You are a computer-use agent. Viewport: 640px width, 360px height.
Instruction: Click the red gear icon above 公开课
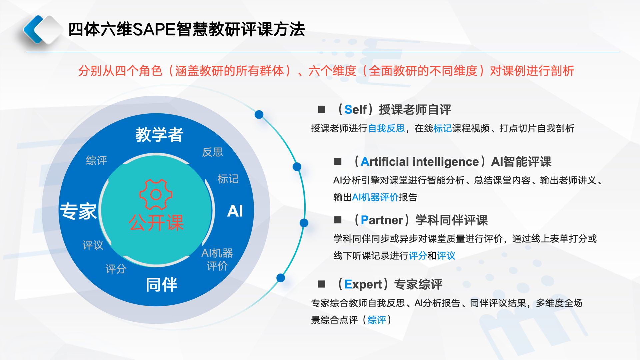pyautogui.click(x=156, y=194)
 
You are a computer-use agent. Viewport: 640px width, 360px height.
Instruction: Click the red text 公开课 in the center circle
pyautogui.click(x=156, y=222)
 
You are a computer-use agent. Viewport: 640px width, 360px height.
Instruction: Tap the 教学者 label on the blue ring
pyautogui.click(x=159, y=135)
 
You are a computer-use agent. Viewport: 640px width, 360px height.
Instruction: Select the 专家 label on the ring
pyautogui.click(x=78, y=211)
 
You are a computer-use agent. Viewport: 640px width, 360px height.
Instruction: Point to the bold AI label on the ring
pyautogui.click(x=235, y=211)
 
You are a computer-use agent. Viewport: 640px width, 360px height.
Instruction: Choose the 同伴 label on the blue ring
pyautogui.click(x=162, y=285)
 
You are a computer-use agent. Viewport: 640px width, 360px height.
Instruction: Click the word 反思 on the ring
pyautogui.click(x=212, y=152)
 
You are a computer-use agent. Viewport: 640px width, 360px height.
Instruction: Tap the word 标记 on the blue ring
pyautogui.click(x=228, y=179)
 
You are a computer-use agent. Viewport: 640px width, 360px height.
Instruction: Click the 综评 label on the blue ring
pyautogui.click(x=96, y=160)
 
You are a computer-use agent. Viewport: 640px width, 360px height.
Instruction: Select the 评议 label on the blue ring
pyautogui.click(x=93, y=245)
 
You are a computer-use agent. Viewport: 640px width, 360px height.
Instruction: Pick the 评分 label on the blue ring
pyautogui.click(x=116, y=269)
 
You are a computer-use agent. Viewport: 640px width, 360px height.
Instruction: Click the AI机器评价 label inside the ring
pyautogui.click(x=217, y=259)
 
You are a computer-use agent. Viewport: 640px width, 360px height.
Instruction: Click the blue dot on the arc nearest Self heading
pyautogui.click(x=259, y=115)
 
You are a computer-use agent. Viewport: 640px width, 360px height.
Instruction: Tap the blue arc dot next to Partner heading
pyautogui.click(x=304, y=223)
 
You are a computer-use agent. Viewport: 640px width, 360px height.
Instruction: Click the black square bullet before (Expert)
pyautogui.click(x=322, y=284)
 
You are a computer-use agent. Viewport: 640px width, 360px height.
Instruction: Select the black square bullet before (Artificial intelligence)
pyautogui.click(x=338, y=162)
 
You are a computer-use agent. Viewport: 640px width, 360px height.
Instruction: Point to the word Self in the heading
pyautogui.click(x=356, y=110)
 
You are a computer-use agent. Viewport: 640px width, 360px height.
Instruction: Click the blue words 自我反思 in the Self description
pyautogui.click(x=386, y=128)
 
